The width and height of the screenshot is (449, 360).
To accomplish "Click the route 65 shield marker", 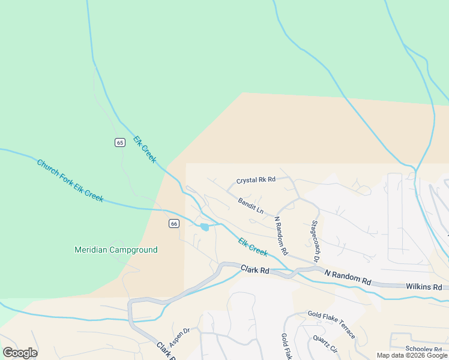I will (120, 142).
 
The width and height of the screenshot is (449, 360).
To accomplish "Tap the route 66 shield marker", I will (173, 223).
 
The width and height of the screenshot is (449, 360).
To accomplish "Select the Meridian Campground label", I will (116, 250).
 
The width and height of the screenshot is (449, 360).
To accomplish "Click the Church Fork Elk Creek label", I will (70, 181).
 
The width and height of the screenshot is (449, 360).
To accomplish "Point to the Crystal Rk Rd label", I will (256, 179).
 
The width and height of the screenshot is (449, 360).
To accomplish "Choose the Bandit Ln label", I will (250, 206).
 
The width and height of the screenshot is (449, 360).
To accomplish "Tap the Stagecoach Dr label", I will (315, 241).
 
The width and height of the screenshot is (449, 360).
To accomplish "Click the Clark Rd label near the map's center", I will (255, 270).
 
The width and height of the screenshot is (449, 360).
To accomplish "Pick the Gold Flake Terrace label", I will (331, 324).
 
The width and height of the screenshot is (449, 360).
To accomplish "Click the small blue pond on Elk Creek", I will (205, 227).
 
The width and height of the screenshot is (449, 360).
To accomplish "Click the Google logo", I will (20, 353).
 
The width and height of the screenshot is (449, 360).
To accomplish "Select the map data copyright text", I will (412, 355).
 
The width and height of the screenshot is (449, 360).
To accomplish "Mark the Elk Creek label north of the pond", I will (145, 149).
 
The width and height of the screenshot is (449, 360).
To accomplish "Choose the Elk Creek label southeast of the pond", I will (253, 247).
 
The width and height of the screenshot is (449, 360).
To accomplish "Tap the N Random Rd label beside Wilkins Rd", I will (348, 277).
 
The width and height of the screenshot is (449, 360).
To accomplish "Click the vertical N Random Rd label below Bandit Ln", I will (281, 235).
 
